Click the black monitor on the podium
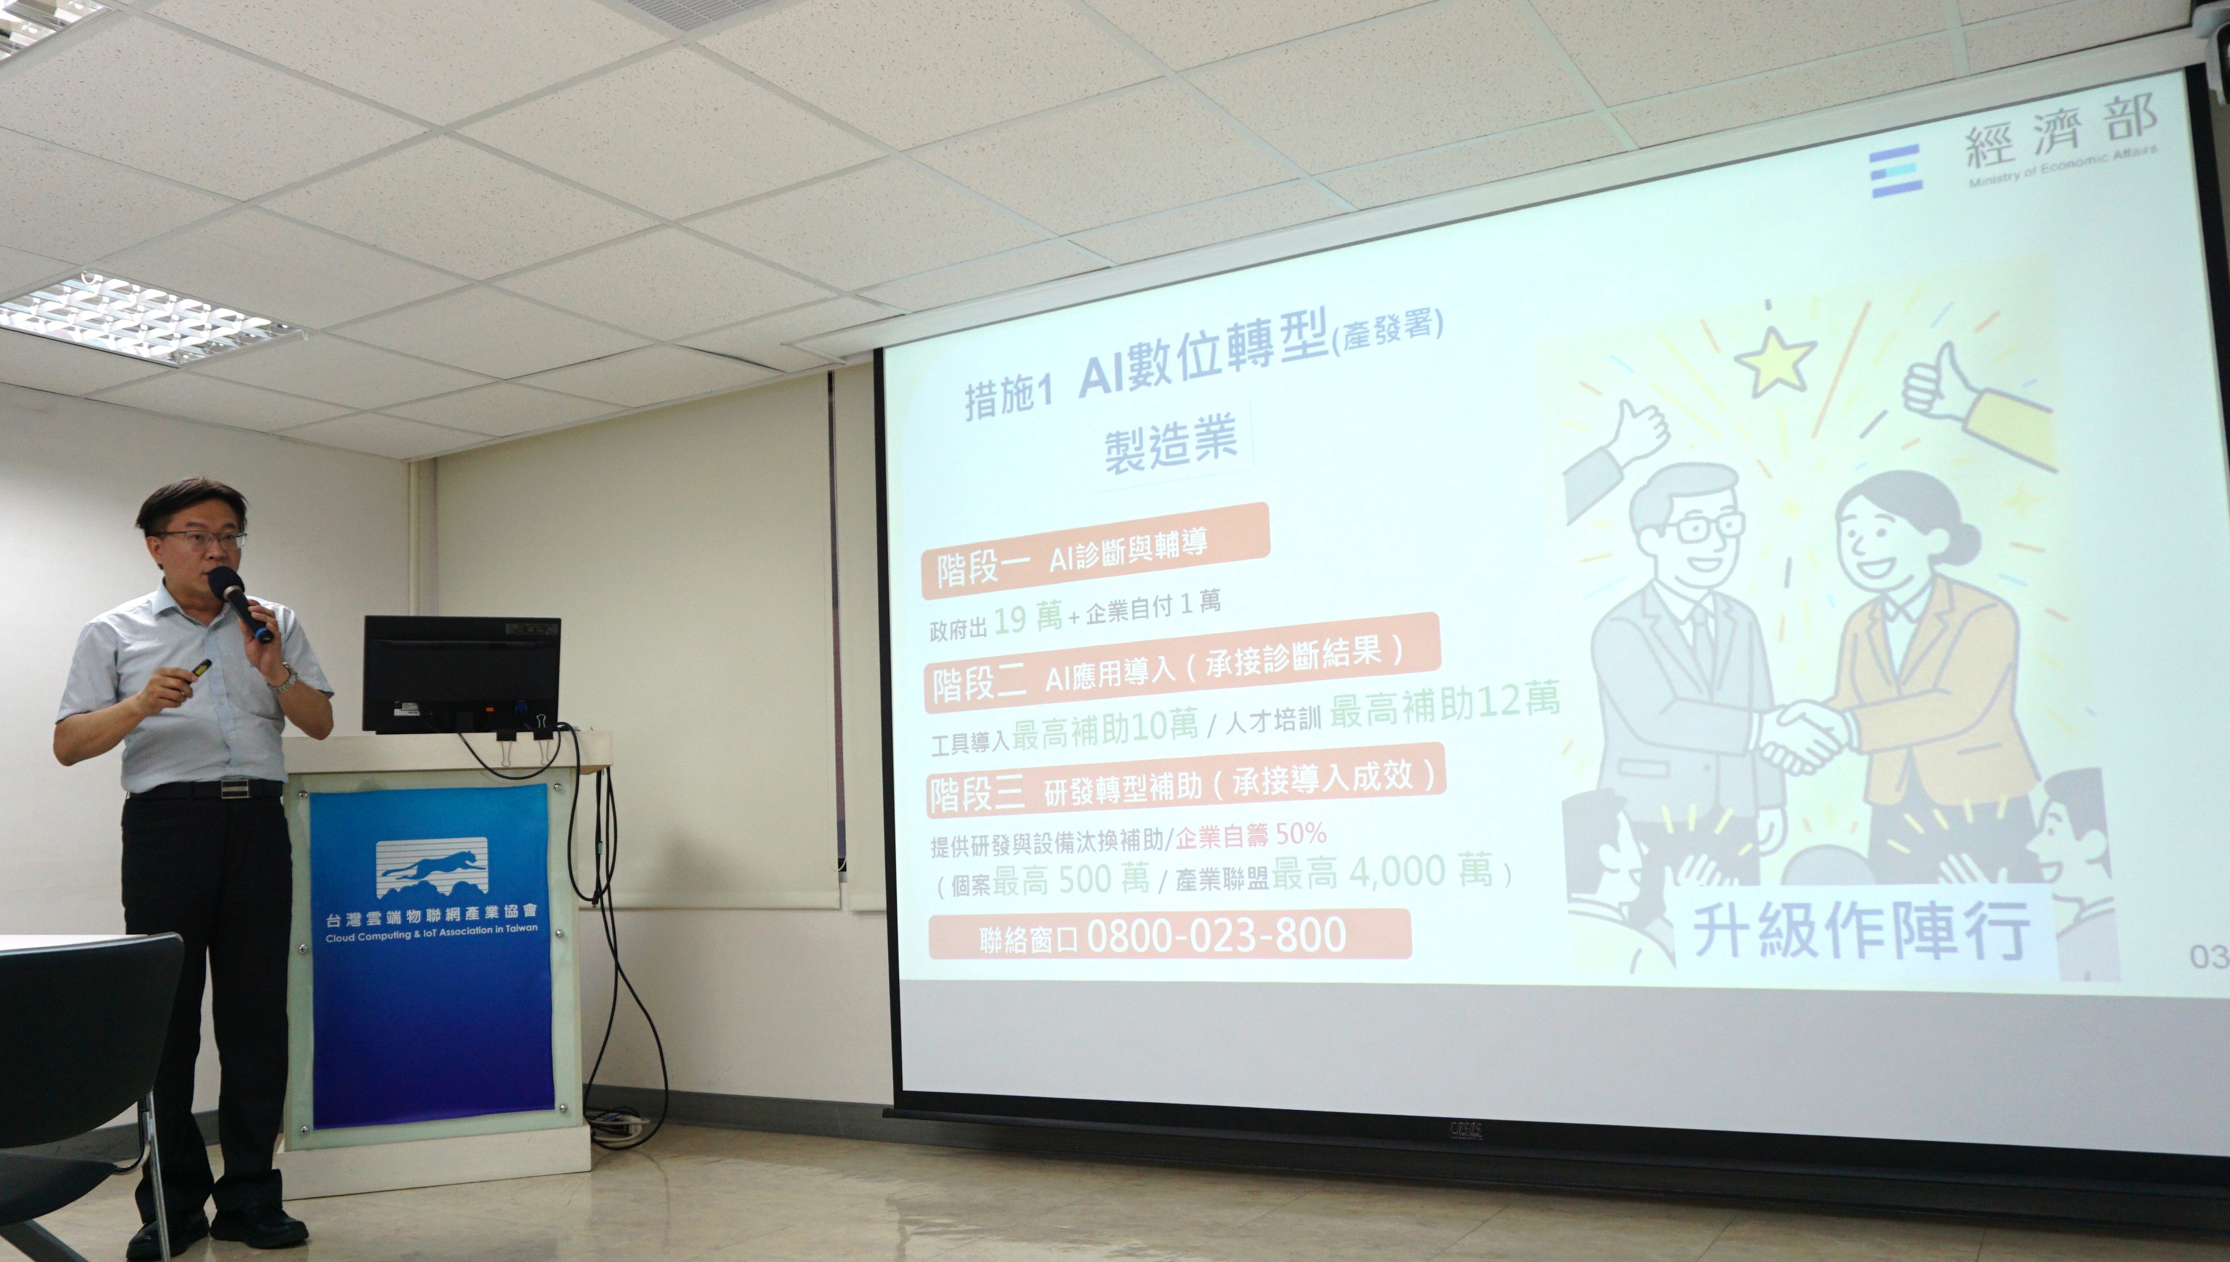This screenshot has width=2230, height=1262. tap(462, 674)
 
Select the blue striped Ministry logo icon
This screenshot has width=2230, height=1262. tap(1895, 171)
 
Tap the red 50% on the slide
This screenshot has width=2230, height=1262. tap(1301, 834)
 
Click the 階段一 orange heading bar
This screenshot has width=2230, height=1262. tap(1094, 552)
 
